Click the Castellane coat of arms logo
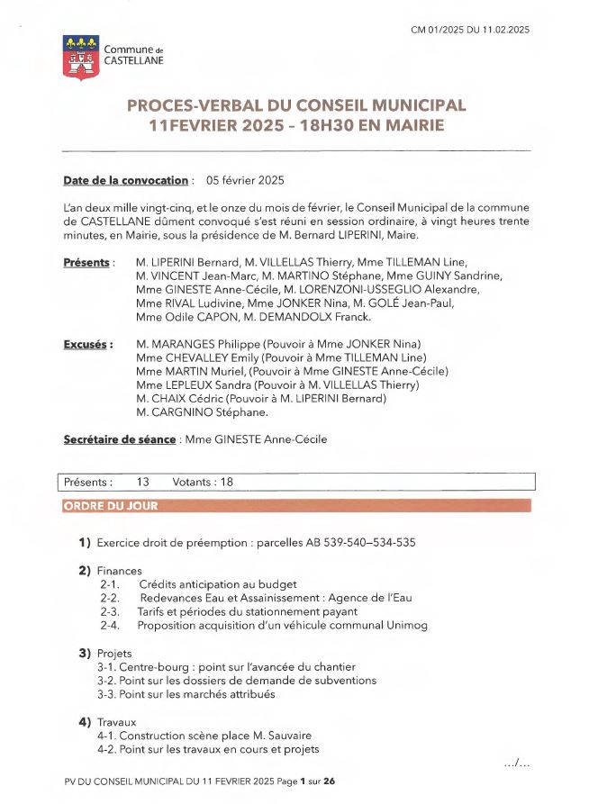click(x=81, y=58)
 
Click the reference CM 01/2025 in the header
click(x=442, y=30)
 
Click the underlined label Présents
click(x=87, y=262)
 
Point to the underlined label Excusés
click(x=87, y=344)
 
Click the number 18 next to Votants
click(x=226, y=482)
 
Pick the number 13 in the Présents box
click(x=143, y=482)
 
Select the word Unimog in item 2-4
click(x=405, y=625)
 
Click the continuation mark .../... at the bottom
click(x=517, y=763)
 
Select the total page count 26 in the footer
click(x=330, y=781)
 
